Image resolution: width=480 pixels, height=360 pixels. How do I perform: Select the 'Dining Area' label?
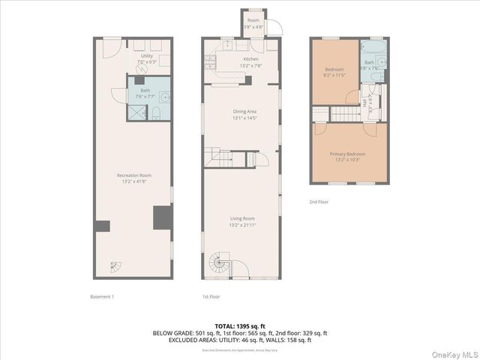pos(244,111)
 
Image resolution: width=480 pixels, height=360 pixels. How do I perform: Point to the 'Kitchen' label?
pos(250,58)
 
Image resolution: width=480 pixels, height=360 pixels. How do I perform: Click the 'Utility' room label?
pos(146,55)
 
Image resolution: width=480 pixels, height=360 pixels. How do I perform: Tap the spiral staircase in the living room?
pos(219,262)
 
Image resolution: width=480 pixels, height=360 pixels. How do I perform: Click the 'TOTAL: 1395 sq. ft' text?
pos(240,327)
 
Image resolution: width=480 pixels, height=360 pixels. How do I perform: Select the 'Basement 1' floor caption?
pos(101,296)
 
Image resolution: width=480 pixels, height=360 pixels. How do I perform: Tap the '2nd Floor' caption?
pos(319,201)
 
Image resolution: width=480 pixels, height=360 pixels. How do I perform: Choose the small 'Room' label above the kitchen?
pos(253,20)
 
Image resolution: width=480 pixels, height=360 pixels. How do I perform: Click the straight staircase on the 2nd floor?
pos(346,113)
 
